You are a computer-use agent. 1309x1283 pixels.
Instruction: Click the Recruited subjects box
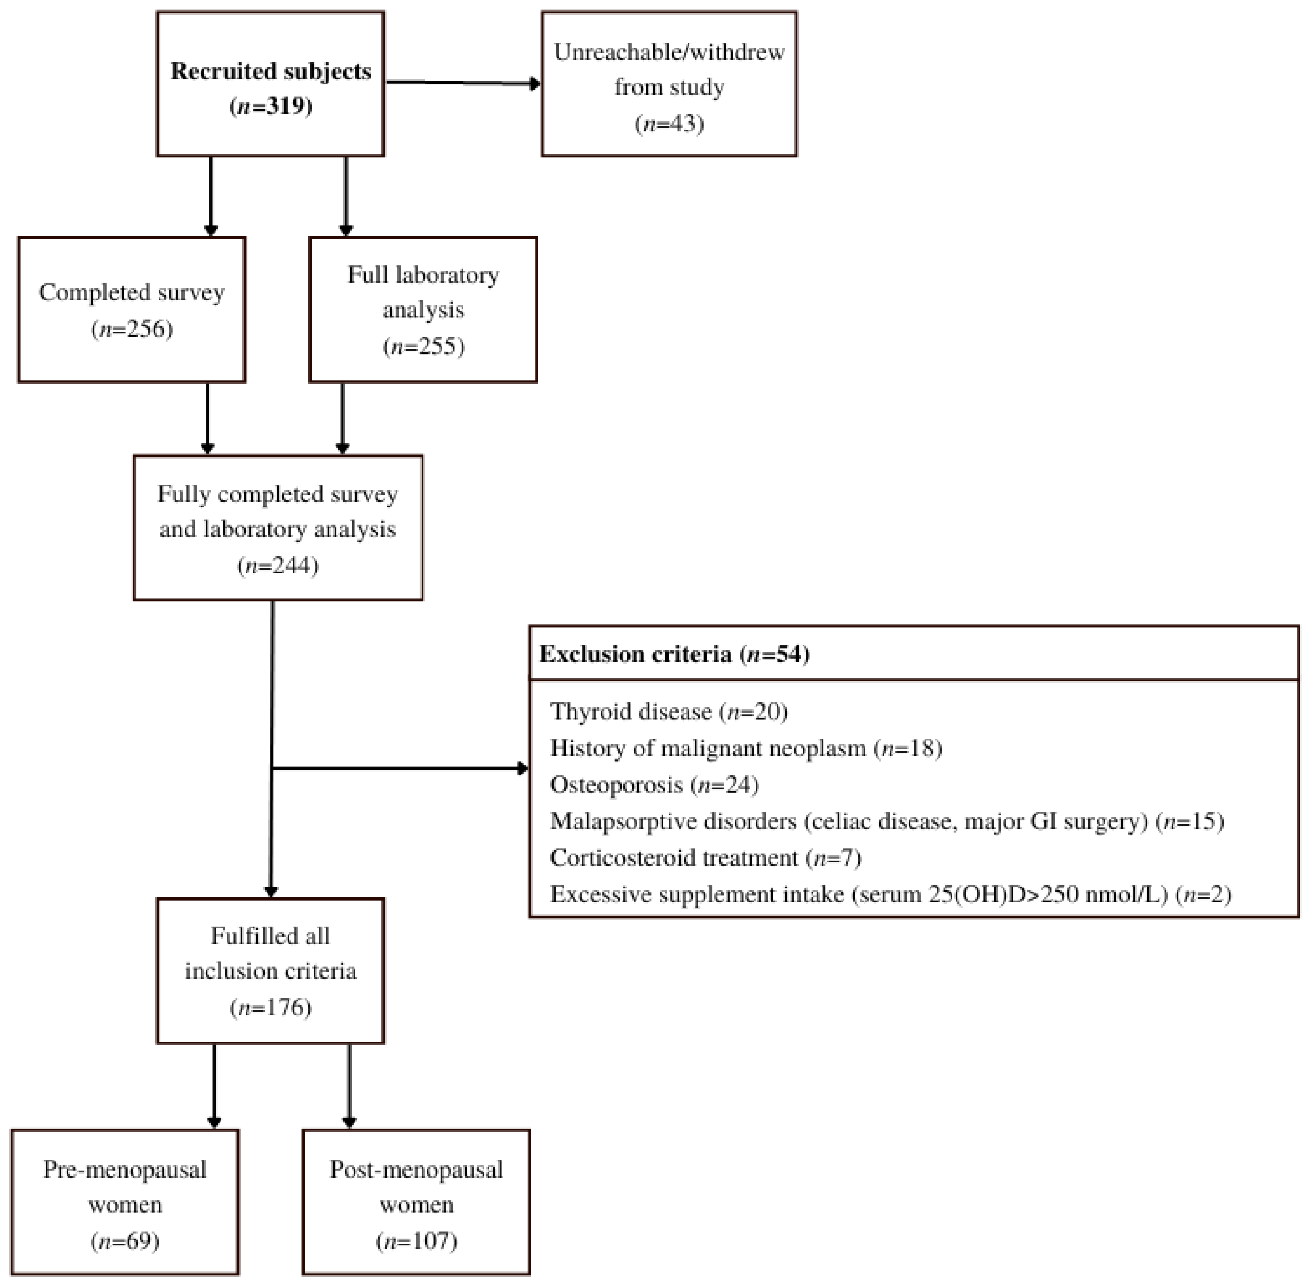(270, 84)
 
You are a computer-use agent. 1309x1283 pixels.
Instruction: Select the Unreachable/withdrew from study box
(669, 84)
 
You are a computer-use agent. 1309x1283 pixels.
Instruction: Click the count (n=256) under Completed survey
(132, 329)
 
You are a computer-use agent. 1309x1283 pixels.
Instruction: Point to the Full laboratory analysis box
(423, 309)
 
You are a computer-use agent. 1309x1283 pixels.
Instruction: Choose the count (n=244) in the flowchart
(278, 564)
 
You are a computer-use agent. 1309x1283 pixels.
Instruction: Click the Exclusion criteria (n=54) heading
(674, 654)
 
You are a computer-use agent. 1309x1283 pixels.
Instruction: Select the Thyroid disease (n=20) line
(668, 712)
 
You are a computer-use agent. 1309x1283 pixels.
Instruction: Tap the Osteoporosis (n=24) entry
(654, 784)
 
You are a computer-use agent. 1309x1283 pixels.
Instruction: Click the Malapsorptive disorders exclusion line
(887, 821)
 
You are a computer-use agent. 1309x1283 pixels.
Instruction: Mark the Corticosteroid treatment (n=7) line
(705, 857)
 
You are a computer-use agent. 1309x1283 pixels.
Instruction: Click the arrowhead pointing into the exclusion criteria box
(522, 768)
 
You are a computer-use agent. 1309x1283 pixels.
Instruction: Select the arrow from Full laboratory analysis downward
(342, 418)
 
